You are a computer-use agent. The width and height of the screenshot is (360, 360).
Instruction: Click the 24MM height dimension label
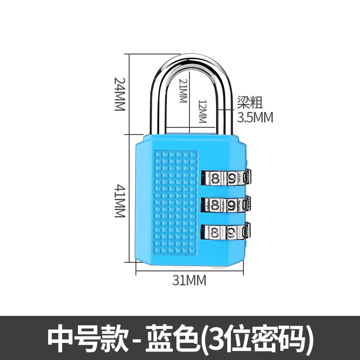(119, 94)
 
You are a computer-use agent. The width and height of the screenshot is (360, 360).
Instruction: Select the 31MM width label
(189, 280)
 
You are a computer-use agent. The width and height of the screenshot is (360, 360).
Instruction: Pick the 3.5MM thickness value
(255, 117)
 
